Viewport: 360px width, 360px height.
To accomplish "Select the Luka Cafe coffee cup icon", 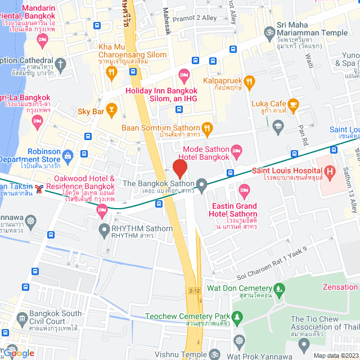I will (293, 103).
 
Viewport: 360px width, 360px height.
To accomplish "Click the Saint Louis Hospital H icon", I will (330, 170).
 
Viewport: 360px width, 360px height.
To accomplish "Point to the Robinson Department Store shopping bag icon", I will (68, 155).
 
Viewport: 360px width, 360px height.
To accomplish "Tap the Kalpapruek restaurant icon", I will (250, 81).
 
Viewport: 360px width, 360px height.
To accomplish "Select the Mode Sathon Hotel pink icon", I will (237, 150).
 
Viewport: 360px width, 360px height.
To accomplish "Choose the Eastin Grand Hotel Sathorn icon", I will (244, 189).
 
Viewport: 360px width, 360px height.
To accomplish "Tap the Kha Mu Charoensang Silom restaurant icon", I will (111, 71).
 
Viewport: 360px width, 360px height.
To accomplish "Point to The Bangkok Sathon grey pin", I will (202, 183).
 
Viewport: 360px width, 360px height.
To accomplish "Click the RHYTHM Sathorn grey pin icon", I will (104, 229).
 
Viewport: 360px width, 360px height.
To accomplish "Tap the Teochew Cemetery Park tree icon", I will (237, 317).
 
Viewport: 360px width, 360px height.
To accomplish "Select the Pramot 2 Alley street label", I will (195, 18).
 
